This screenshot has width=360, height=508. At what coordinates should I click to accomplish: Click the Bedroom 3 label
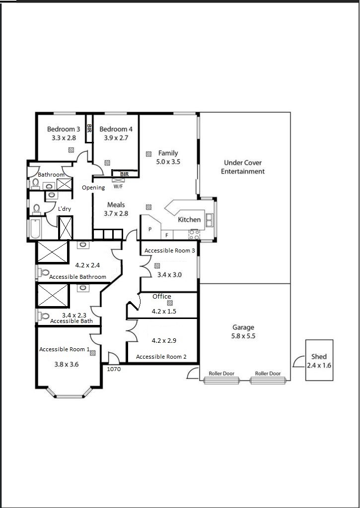click(63, 129)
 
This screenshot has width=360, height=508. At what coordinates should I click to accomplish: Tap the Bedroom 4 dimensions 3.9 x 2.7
click(116, 138)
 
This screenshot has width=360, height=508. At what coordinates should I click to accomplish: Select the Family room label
click(168, 153)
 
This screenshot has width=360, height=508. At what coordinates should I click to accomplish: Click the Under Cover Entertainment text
click(243, 167)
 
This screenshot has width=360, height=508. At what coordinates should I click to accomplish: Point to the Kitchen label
click(189, 220)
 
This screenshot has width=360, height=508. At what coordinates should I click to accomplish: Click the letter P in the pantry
click(150, 230)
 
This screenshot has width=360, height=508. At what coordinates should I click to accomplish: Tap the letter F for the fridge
click(167, 235)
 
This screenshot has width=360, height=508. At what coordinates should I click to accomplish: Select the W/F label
click(118, 187)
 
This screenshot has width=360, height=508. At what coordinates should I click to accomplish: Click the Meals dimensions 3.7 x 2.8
click(116, 214)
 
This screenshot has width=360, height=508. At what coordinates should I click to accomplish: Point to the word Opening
click(93, 188)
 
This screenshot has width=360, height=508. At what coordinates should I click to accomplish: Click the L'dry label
click(65, 209)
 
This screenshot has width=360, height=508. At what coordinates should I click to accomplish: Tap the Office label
click(162, 297)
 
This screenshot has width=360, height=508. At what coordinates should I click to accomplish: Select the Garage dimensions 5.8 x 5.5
click(243, 336)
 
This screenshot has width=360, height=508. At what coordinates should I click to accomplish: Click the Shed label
click(319, 357)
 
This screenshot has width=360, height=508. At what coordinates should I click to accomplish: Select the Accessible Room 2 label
click(161, 357)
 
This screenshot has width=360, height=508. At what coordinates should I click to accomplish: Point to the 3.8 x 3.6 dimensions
click(67, 364)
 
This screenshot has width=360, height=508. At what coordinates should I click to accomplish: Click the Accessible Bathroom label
click(77, 277)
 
